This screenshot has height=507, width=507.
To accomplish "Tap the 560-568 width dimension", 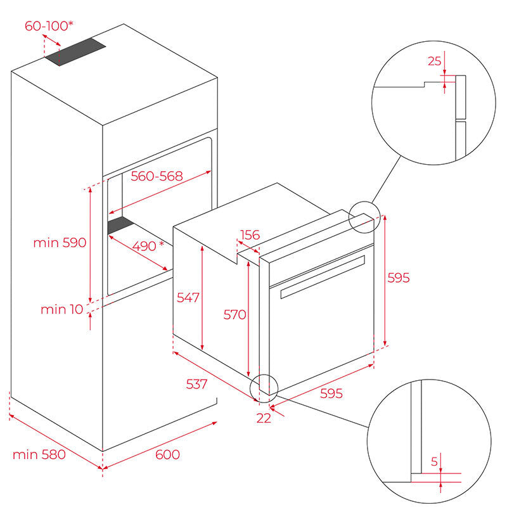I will coord(157,176).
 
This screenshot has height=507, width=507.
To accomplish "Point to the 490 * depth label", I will coord(148,245).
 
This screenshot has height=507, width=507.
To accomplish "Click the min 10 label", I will coord(61,309).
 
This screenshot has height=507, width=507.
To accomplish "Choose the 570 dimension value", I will coord(234,314).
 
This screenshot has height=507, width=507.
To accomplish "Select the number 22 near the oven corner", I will coord(264,418).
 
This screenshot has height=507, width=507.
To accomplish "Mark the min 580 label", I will coord(39,454).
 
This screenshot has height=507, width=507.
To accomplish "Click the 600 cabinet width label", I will coord(167,454).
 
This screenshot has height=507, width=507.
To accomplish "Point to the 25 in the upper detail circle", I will coord(434,61).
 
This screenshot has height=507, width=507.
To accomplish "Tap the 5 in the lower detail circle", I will coord(434,462).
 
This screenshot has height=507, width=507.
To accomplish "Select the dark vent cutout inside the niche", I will coord(119,224).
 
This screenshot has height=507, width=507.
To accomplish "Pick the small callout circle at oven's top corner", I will coord(363,217).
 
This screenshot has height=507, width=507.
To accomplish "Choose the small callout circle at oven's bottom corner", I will coord(264,388).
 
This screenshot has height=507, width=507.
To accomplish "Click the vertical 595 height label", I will coord(399,278).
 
